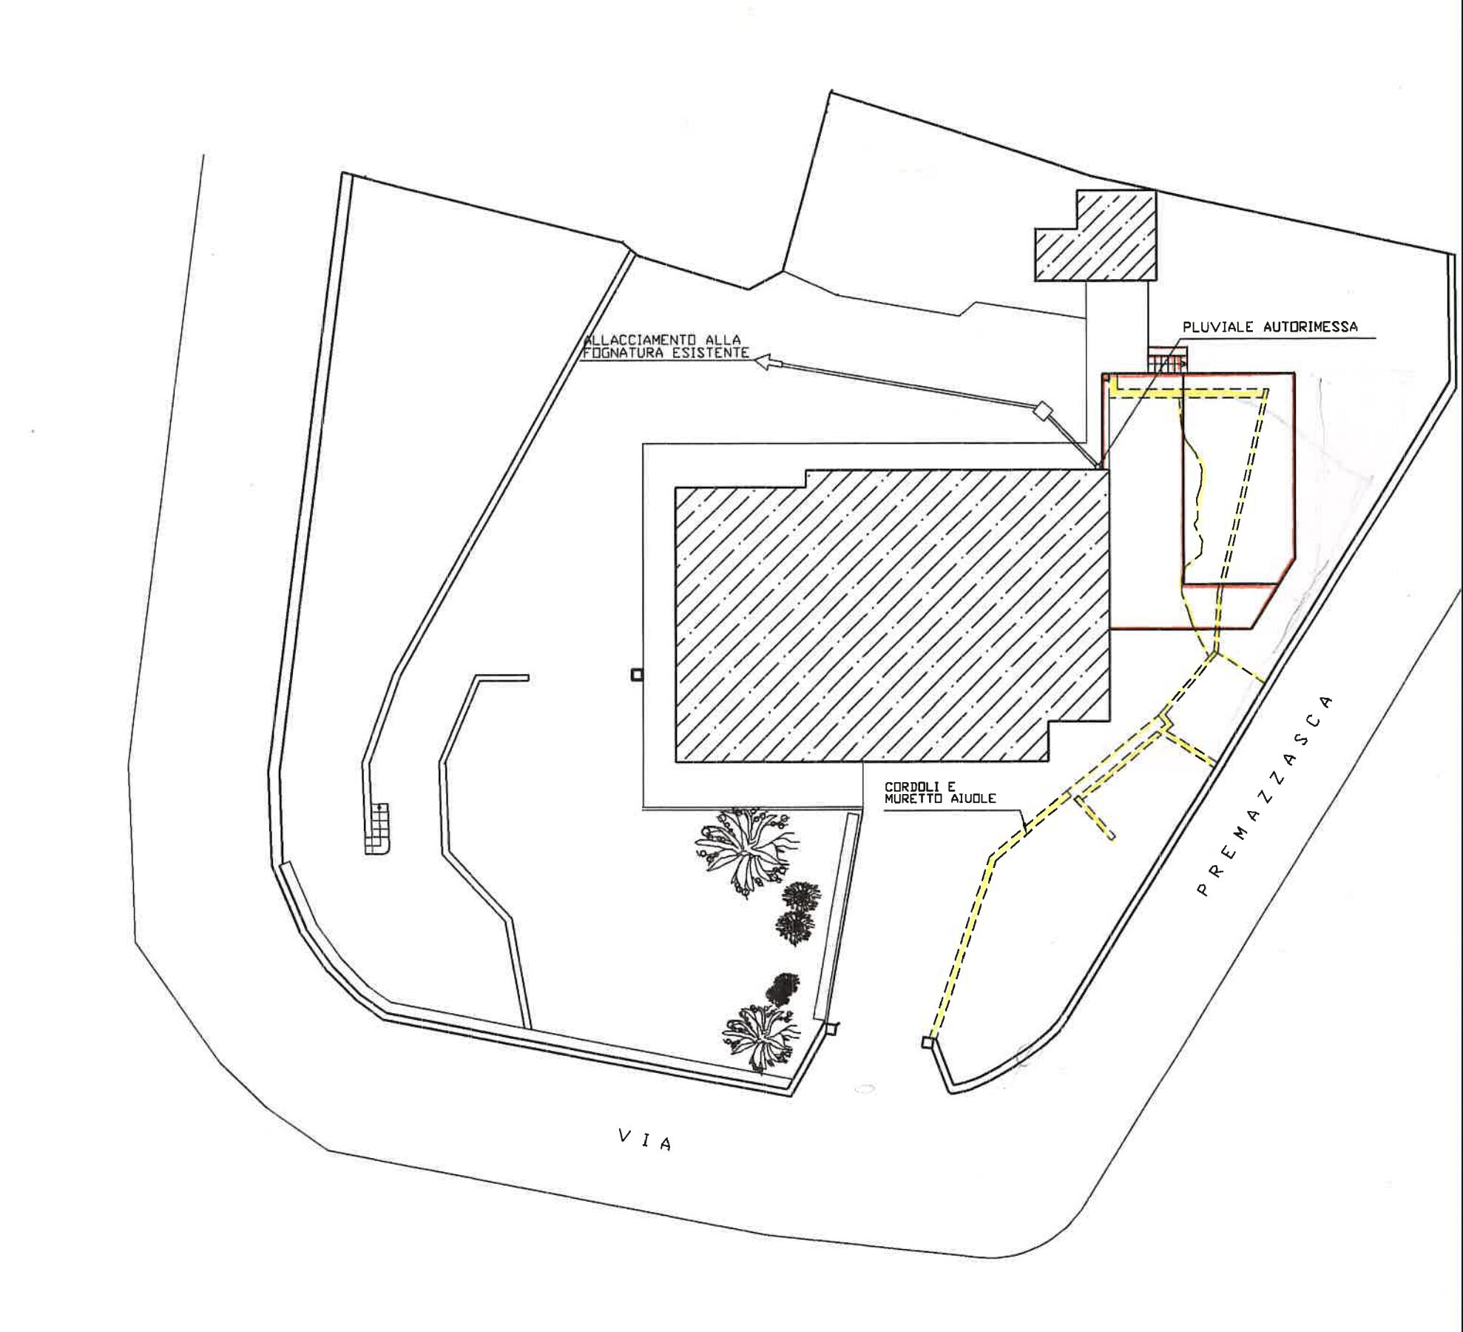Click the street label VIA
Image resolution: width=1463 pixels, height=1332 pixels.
coord(645,1140)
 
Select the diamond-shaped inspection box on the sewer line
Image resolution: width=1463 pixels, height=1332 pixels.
coord(1043,410)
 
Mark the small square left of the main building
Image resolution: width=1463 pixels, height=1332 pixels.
coord(636,675)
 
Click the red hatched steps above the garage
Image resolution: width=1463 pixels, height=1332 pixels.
coord(1166,360)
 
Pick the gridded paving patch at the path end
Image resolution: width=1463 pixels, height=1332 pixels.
coord(378,830)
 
